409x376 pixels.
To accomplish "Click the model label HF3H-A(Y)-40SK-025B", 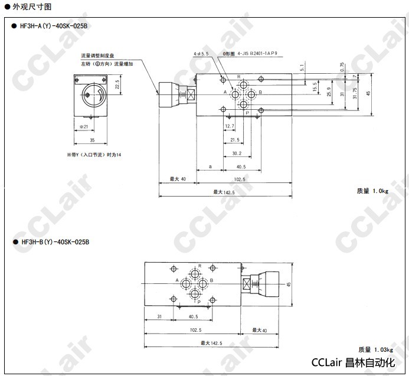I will point(54,26).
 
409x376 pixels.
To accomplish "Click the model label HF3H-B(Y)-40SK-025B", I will point(54,241).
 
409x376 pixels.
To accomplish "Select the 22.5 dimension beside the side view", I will point(117,86).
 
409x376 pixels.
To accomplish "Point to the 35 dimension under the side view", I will point(91,140).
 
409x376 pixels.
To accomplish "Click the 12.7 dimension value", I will point(230,126).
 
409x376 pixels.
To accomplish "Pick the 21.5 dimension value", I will point(235,140).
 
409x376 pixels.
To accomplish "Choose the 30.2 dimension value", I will point(237,153).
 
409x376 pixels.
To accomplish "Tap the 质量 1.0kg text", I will point(372,191).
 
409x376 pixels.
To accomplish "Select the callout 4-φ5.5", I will point(201,54).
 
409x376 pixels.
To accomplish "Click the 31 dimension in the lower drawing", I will point(159,316).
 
